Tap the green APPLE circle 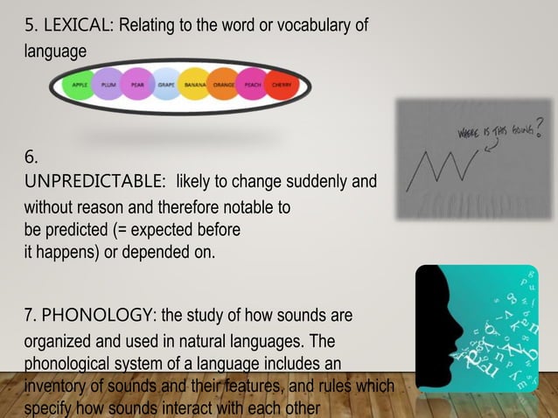79,86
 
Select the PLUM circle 108,86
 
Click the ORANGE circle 224,86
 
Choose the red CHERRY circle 282,86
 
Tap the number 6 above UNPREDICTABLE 31,158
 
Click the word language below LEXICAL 55,52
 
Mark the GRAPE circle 166,86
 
